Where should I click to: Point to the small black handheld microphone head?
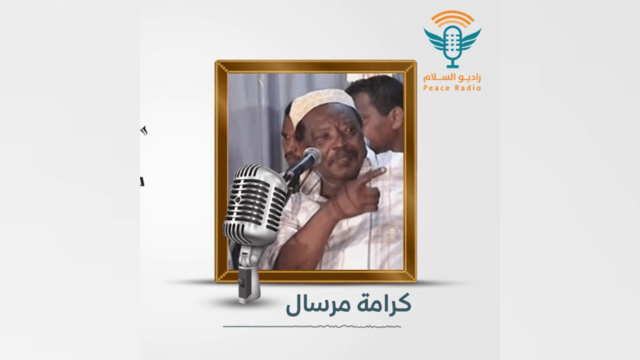click(311, 157)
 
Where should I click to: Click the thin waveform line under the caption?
click(312, 327)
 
